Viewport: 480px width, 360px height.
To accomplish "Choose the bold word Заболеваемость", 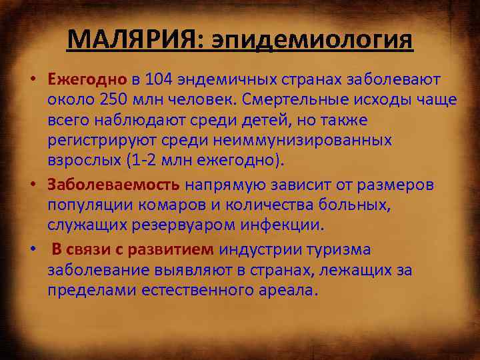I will (x=113, y=183).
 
